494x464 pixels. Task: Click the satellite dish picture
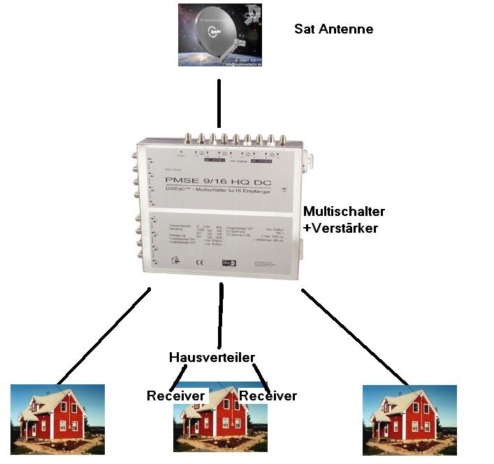(x=219, y=35)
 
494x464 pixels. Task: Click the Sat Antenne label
(x=334, y=29)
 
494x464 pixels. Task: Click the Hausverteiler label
(x=212, y=357)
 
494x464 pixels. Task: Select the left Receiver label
(x=175, y=396)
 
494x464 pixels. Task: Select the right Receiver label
(x=268, y=396)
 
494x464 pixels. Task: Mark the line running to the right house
(x=354, y=334)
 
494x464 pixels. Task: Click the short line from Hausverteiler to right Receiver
(x=261, y=375)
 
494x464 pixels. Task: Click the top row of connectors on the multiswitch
(x=236, y=139)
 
